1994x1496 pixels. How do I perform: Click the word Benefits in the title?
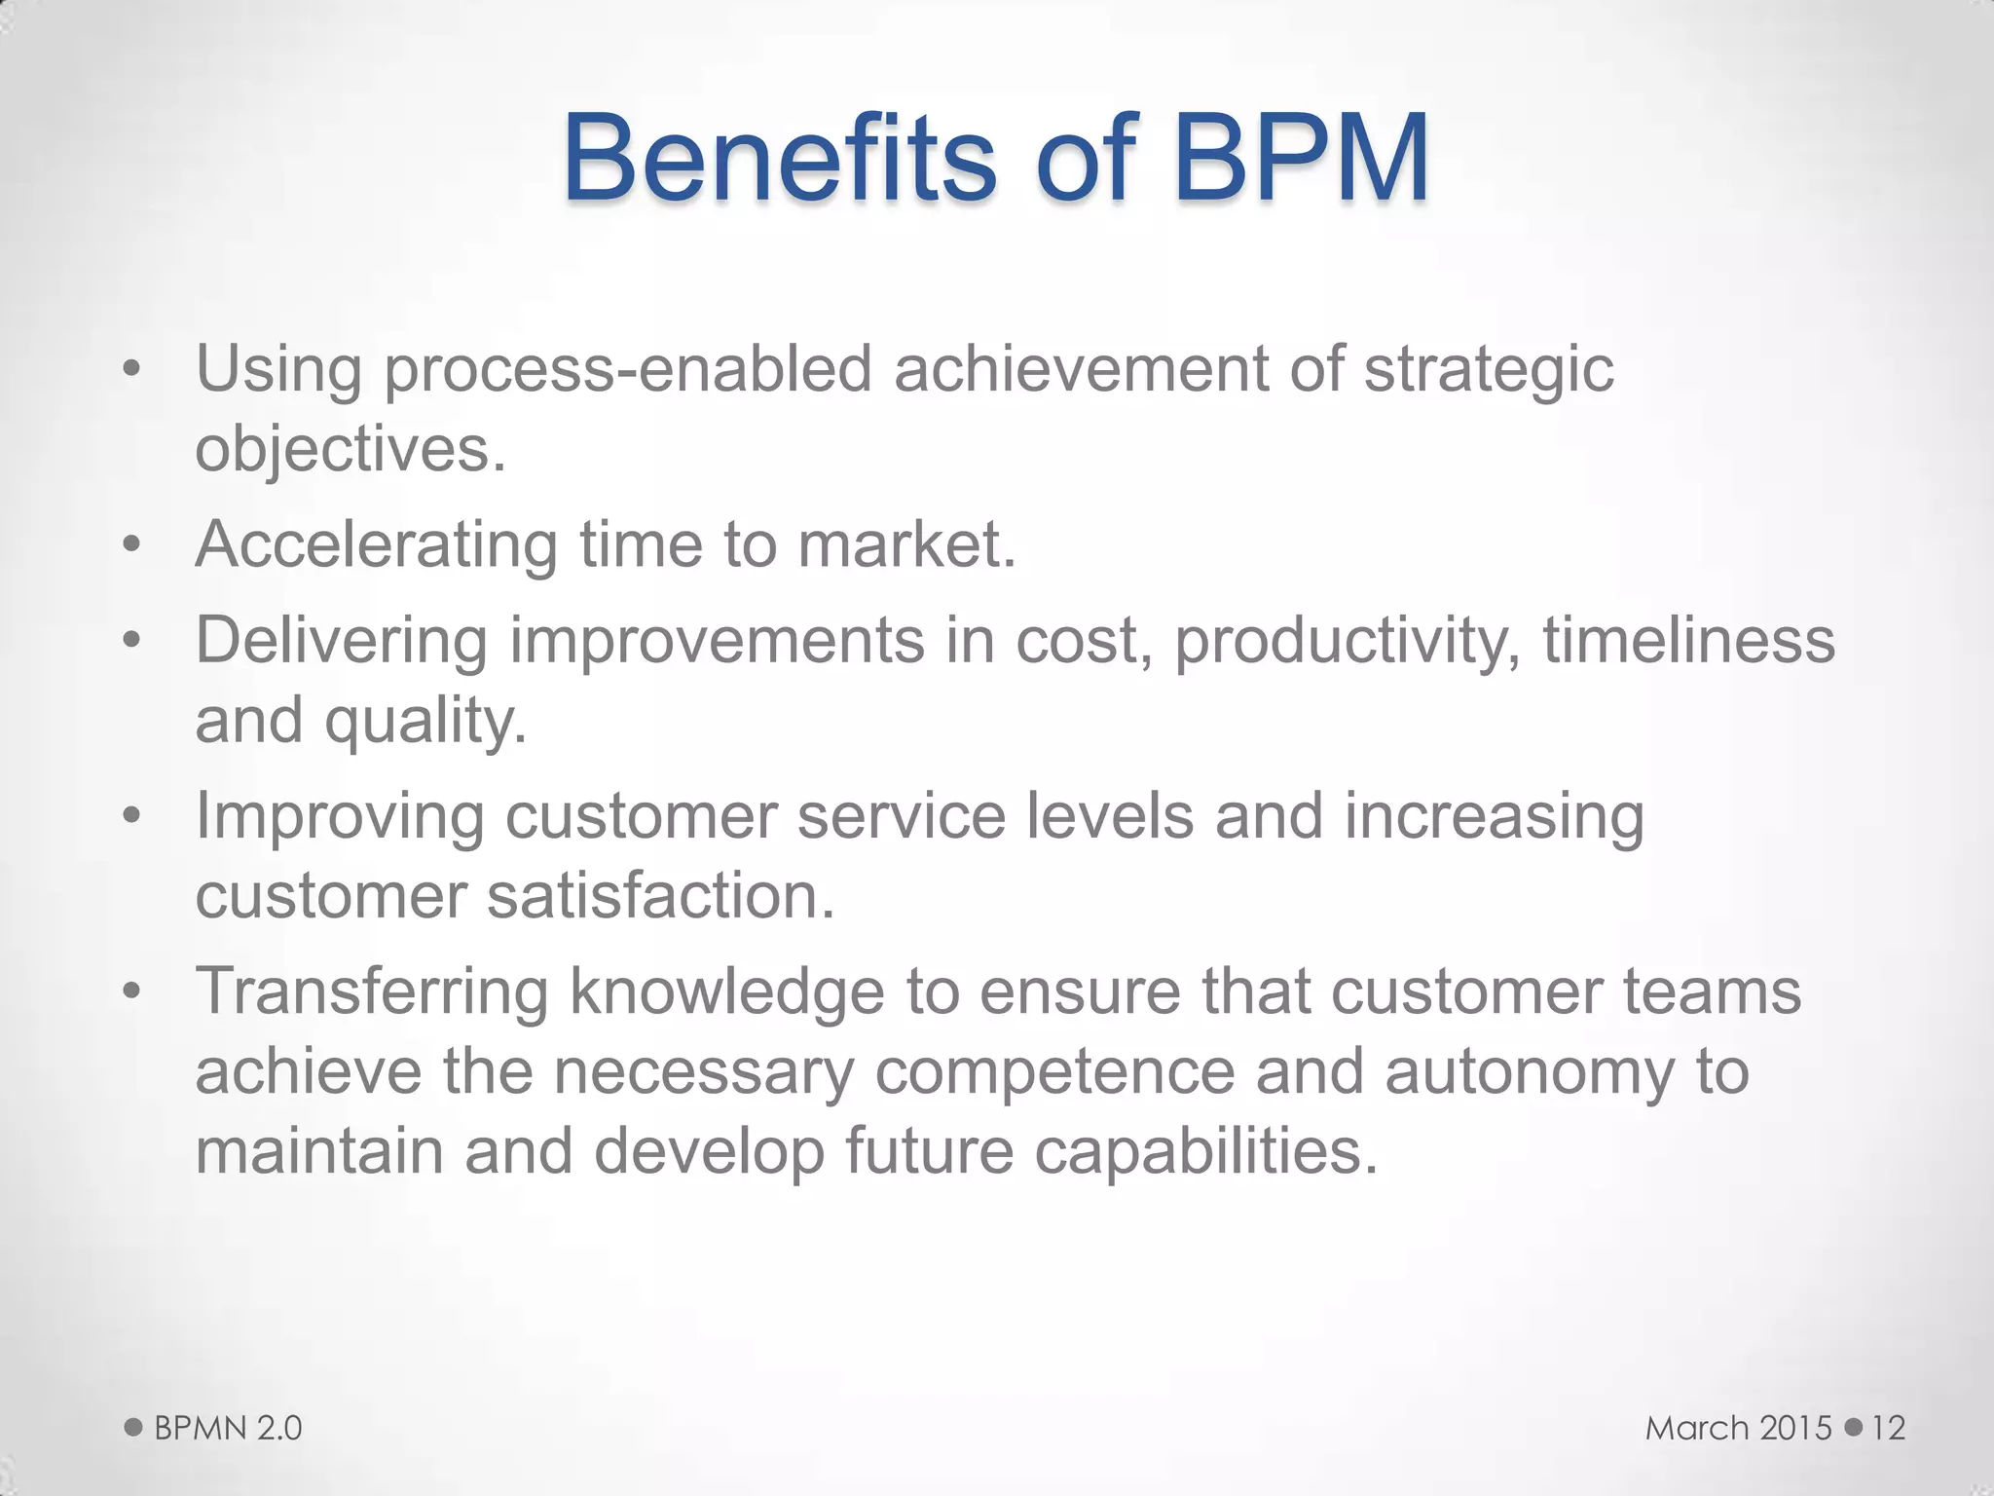tap(779, 159)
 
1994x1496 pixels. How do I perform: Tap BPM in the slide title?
tap(1301, 159)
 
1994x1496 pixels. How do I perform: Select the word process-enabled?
tap(628, 371)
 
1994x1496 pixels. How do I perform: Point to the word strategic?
tap(1488, 371)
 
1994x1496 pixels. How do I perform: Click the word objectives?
tap(351, 450)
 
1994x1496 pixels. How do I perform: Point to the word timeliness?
tap(1688, 641)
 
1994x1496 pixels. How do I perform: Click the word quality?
tap(425, 722)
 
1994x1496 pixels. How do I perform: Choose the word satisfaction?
tap(661, 896)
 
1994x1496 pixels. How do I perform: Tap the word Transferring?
tap(372, 992)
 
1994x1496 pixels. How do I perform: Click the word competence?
tap(1054, 1071)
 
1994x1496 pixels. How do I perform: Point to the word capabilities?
tap(1205, 1151)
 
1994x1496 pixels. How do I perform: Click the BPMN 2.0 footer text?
tap(228, 1429)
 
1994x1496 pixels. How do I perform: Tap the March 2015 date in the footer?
tap(1739, 1429)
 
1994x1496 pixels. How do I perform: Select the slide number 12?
tap(1888, 1429)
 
